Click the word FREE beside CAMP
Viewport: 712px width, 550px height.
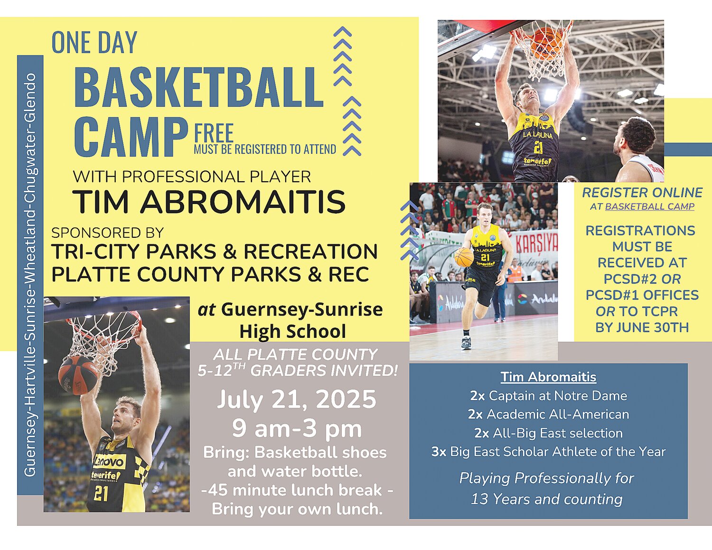tap(214, 133)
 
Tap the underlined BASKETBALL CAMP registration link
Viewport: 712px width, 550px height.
tap(650, 207)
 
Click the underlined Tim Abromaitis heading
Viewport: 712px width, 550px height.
tap(548, 377)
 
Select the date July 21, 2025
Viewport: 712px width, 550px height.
tap(297, 399)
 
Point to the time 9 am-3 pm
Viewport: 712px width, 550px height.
tap(297, 429)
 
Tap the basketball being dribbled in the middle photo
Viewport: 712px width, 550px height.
tap(464, 257)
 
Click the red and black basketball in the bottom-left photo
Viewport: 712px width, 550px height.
tap(78, 375)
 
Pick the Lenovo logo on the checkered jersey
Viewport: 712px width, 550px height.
tap(110, 462)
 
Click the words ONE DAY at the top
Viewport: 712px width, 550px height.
tap(94, 43)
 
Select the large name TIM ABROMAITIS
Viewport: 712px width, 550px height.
tap(209, 201)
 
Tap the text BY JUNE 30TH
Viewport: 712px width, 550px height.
tap(642, 327)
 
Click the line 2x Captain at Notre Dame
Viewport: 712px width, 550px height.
tap(548, 396)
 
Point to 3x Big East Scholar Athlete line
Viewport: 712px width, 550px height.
tap(548, 452)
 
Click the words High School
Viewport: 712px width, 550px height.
tap(292, 331)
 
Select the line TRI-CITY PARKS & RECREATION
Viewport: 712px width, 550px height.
tap(215, 252)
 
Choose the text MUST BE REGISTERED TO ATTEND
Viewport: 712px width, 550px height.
tap(265, 149)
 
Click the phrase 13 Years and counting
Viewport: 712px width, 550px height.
tap(546, 499)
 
